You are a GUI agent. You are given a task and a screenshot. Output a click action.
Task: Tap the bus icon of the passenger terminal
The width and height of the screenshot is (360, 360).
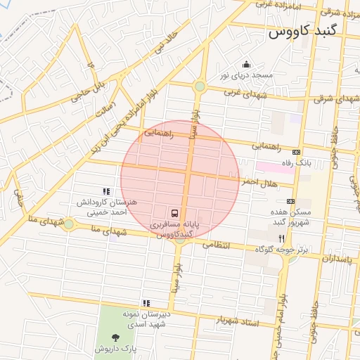tap(174, 213)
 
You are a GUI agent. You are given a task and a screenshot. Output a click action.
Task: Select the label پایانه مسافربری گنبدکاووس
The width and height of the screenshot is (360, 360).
tap(174, 227)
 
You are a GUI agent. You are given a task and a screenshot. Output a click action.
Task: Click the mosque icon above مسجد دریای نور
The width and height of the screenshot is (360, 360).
tap(246, 64)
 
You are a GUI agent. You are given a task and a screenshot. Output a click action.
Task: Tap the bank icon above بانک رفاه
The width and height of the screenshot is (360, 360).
tap(296, 152)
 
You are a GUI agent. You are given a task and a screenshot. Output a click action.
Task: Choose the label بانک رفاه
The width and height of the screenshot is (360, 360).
tap(296, 162)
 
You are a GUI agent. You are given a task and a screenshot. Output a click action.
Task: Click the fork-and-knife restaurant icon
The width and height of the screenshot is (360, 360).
tap(282, 238)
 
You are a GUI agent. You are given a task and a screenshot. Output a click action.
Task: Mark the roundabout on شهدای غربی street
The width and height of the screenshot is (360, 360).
tap(200, 86)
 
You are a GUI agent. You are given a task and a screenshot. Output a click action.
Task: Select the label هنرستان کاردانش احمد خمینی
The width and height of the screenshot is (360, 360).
tap(105, 206)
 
